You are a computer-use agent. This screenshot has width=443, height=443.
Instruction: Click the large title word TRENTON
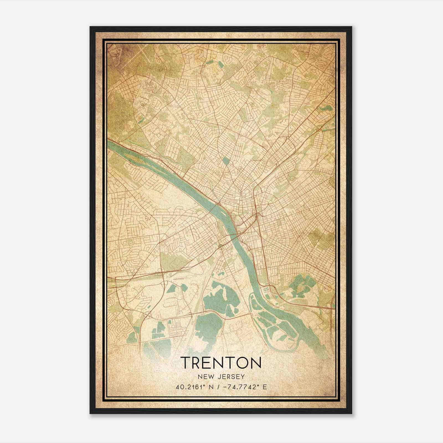(221, 363)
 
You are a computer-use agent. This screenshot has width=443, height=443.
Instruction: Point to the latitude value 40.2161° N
(194, 387)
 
